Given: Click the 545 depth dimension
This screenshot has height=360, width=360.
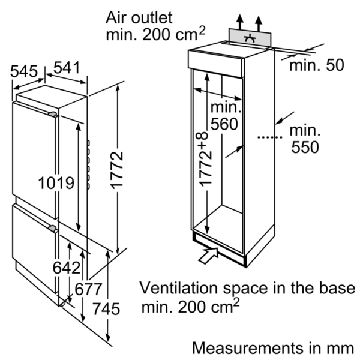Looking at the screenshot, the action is point(23,71).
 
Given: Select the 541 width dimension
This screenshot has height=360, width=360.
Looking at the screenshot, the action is point(67,67).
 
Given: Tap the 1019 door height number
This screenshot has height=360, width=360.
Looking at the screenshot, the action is point(56,183).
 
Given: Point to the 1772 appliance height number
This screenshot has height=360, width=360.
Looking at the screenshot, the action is point(118,170).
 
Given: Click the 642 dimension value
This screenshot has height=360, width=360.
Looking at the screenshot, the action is point(67,268).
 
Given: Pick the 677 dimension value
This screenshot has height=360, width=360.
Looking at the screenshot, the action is point(88,289).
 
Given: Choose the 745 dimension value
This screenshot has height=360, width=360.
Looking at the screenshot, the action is point(106,309).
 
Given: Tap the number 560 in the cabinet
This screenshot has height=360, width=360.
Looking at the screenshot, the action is point(224,124).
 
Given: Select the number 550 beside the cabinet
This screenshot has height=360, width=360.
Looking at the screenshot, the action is point(305,147).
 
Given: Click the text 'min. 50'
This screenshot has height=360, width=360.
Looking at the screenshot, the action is point(317,65).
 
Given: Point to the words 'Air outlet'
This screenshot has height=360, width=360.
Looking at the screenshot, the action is point(139,17).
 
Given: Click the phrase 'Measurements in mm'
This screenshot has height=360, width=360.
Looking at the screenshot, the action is point(273,348).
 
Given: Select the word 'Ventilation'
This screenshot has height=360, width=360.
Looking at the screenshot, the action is point(178,288).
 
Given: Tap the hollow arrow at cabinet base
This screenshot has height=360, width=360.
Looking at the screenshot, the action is point(208,256).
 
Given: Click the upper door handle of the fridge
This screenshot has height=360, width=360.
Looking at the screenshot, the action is point(53,115).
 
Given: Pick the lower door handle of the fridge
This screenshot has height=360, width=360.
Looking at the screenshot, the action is point(53,229).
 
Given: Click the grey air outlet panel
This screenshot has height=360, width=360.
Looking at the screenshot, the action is point(250,37).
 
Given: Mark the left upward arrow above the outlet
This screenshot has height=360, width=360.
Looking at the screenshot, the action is point(240,22).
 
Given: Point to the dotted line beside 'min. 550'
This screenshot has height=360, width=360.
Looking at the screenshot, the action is point(270,137).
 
